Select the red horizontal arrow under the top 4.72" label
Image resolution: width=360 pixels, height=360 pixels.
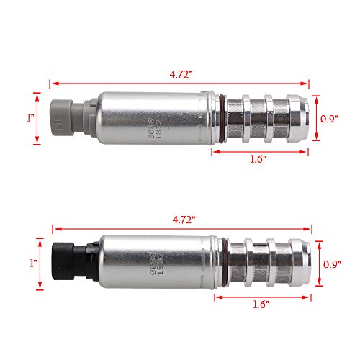point(180,83)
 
